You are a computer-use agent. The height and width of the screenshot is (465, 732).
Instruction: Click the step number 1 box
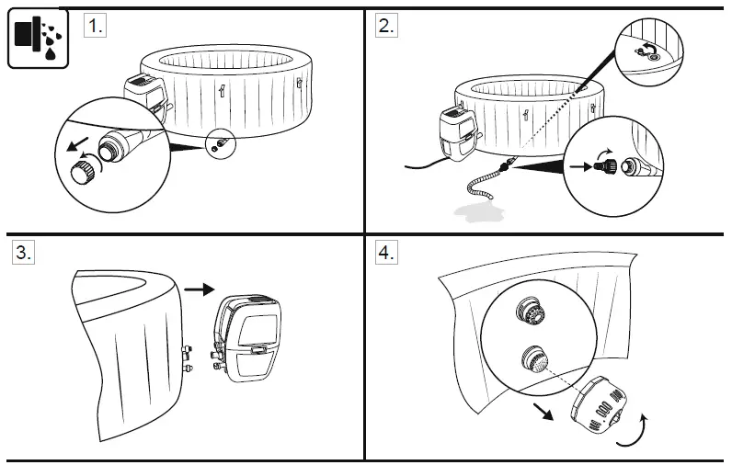point(95,26)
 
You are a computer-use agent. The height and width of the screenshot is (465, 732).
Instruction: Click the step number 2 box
point(387,26)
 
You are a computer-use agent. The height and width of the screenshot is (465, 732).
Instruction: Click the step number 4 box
point(387,254)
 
